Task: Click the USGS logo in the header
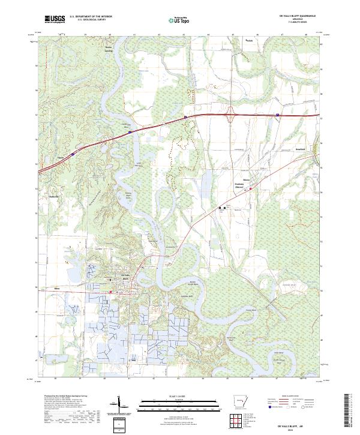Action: tap(55, 19)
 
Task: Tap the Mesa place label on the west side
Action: tap(57, 289)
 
